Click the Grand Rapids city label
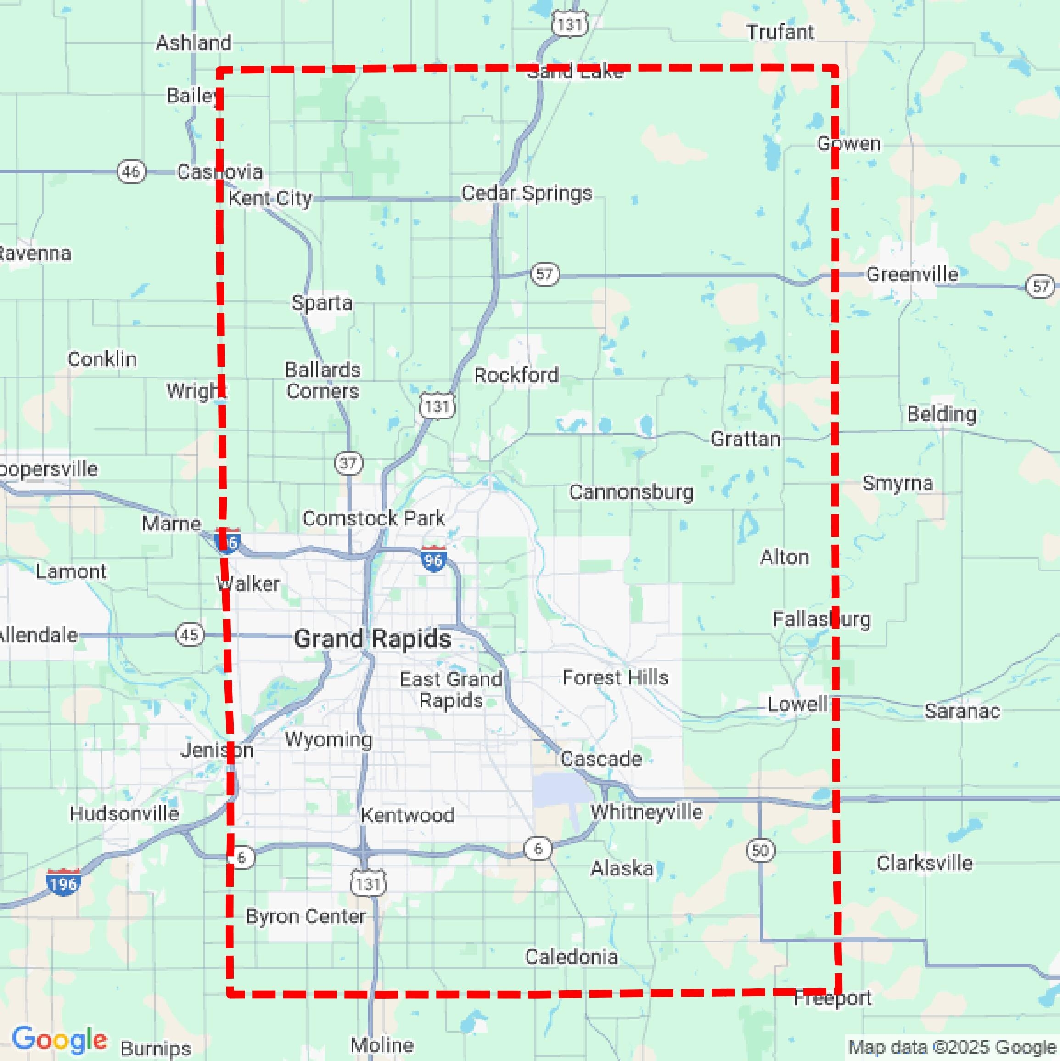(x=373, y=639)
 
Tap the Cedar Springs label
(x=527, y=193)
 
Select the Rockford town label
(x=516, y=376)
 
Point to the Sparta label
(x=322, y=303)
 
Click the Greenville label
(x=912, y=274)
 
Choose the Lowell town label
(x=797, y=704)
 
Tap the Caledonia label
(x=572, y=957)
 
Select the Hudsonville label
(x=124, y=813)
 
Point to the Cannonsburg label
(x=631, y=492)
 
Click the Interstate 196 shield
(x=64, y=882)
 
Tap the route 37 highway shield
(x=348, y=463)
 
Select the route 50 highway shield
(x=760, y=851)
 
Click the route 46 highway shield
(x=131, y=172)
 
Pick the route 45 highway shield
(x=190, y=635)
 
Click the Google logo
(x=59, y=1039)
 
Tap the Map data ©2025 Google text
(x=953, y=1047)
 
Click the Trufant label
(x=780, y=33)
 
